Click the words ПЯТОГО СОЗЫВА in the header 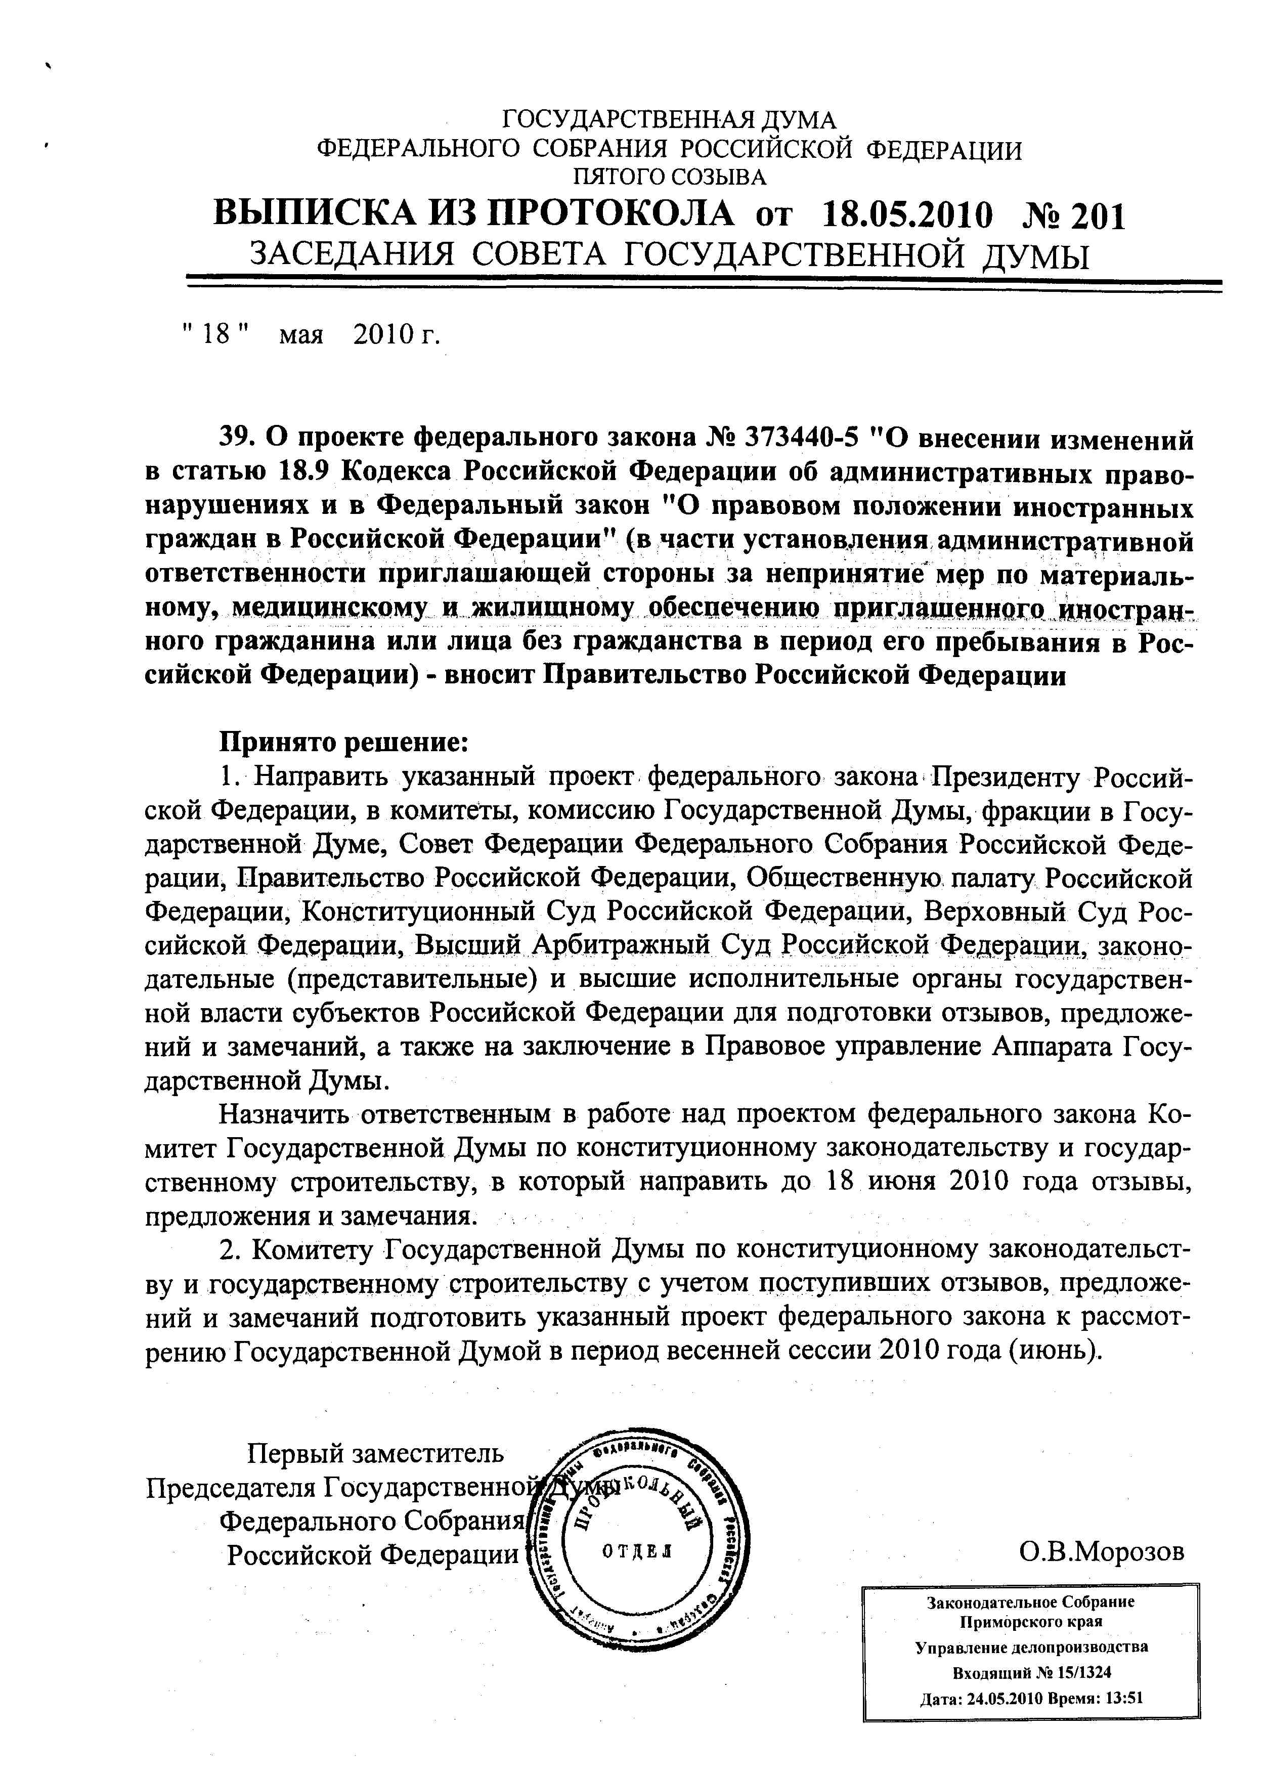(669, 178)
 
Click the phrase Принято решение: (343, 743)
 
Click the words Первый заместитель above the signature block (375, 1453)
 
